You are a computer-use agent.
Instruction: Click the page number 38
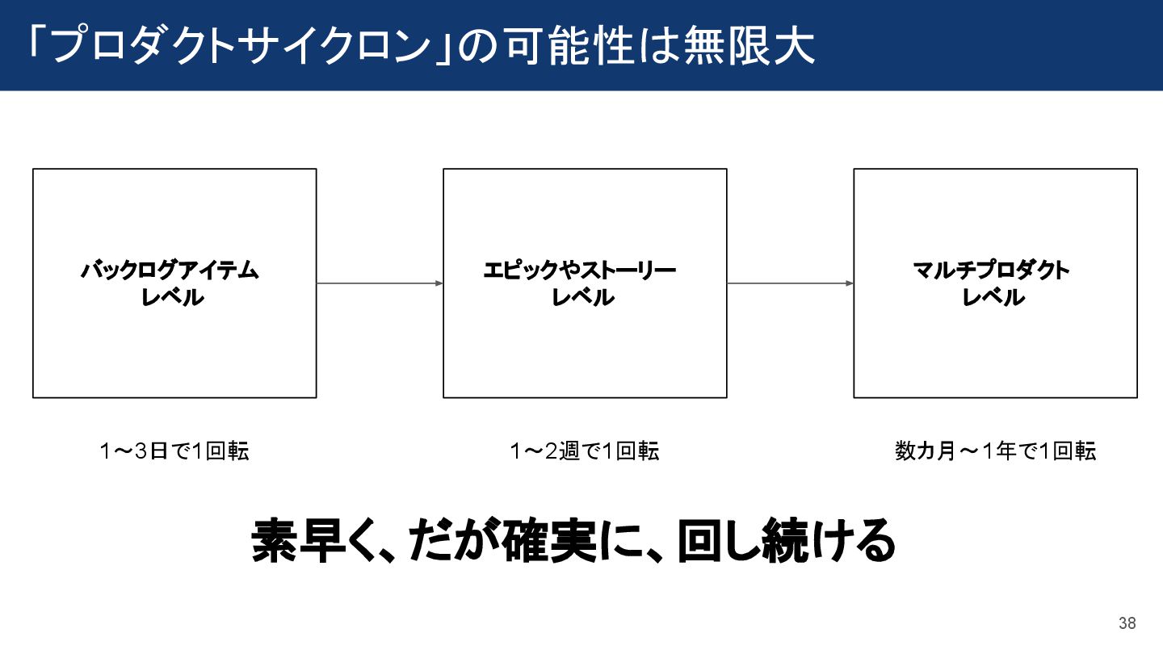tap(1127, 623)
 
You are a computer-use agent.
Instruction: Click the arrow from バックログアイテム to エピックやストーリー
tap(380, 283)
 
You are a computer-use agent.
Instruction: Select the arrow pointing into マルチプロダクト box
tap(790, 283)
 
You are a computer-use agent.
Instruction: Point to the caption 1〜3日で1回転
tap(174, 451)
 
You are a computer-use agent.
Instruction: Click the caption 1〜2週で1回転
tap(584, 451)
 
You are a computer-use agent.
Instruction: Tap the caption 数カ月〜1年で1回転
tap(995, 451)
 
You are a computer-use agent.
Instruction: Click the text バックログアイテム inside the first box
tap(170, 270)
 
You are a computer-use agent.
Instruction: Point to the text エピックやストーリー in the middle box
tap(579, 270)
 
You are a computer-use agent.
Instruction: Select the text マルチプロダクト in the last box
tap(991, 270)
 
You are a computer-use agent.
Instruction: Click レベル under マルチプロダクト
tap(993, 298)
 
